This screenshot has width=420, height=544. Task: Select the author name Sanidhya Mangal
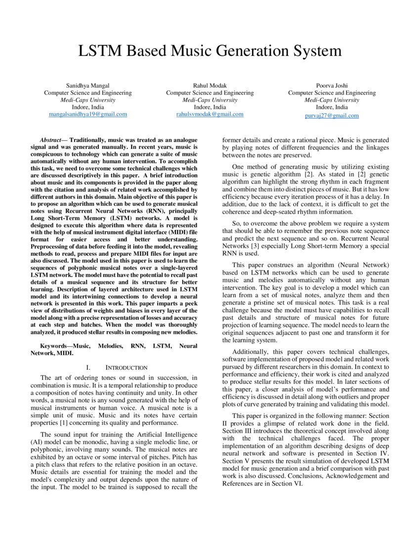click(x=88, y=86)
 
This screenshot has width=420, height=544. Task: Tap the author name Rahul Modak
click(x=210, y=86)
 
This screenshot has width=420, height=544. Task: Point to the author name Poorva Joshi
click(x=332, y=86)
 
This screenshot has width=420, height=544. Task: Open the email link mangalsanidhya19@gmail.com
click(x=88, y=114)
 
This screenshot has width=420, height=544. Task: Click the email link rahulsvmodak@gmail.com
click(x=210, y=114)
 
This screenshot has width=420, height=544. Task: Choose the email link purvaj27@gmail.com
click(x=332, y=115)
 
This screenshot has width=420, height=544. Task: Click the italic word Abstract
click(x=50, y=140)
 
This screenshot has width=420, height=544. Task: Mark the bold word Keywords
click(x=56, y=347)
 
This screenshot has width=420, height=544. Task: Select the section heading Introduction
click(x=126, y=367)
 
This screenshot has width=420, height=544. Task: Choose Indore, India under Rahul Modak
click(x=210, y=107)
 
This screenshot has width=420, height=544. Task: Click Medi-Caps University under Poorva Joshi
click(x=332, y=100)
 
